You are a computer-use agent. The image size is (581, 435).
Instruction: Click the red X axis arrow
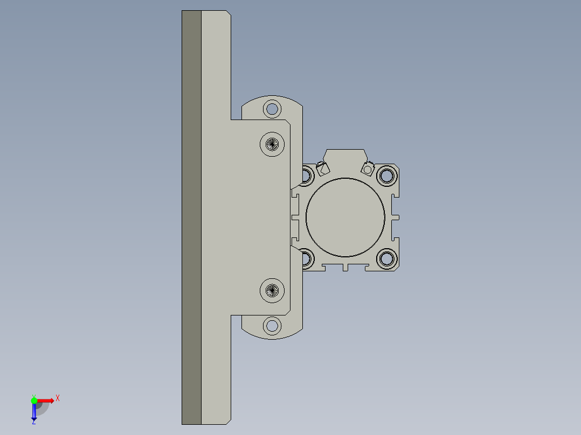pyautogui.click(x=46, y=400)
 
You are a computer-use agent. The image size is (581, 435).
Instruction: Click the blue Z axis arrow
pyautogui.click(x=33, y=412)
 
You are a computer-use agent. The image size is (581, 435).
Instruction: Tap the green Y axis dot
pyautogui.click(x=34, y=400)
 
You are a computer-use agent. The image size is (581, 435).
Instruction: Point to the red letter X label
pyautogui.click(x=58, y=398)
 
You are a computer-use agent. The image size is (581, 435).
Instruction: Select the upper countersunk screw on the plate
pyautogui.click(x=272, y=144)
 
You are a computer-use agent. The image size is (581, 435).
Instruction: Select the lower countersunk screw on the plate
pyautogui.click(x=272, y=290)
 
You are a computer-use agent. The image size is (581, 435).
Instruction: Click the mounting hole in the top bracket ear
pyautogui.click(x=272, y=109)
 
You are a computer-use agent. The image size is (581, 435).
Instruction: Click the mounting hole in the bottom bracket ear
pyautogui.click(x=272, y=325)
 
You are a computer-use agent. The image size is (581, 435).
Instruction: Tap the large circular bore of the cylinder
pyautogui.click(x=345, y=217)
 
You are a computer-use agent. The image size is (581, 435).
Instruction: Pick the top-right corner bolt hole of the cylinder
pyautogui.click(x=386, y=175)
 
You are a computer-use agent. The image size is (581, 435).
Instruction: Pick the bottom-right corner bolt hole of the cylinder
pyautogui.click(x=386, y=258)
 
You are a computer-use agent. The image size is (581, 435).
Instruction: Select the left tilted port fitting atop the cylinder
pyautogui.click(x=323, y=169)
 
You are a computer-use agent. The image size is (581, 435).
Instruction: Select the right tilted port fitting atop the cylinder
pyautogui.click(x=368, y=169)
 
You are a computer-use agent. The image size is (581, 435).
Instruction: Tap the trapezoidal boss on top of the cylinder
pyautogui.click(x=345, y=157)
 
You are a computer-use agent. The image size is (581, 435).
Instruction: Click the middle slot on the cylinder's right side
pyautogui.click(x=395, y=217)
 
